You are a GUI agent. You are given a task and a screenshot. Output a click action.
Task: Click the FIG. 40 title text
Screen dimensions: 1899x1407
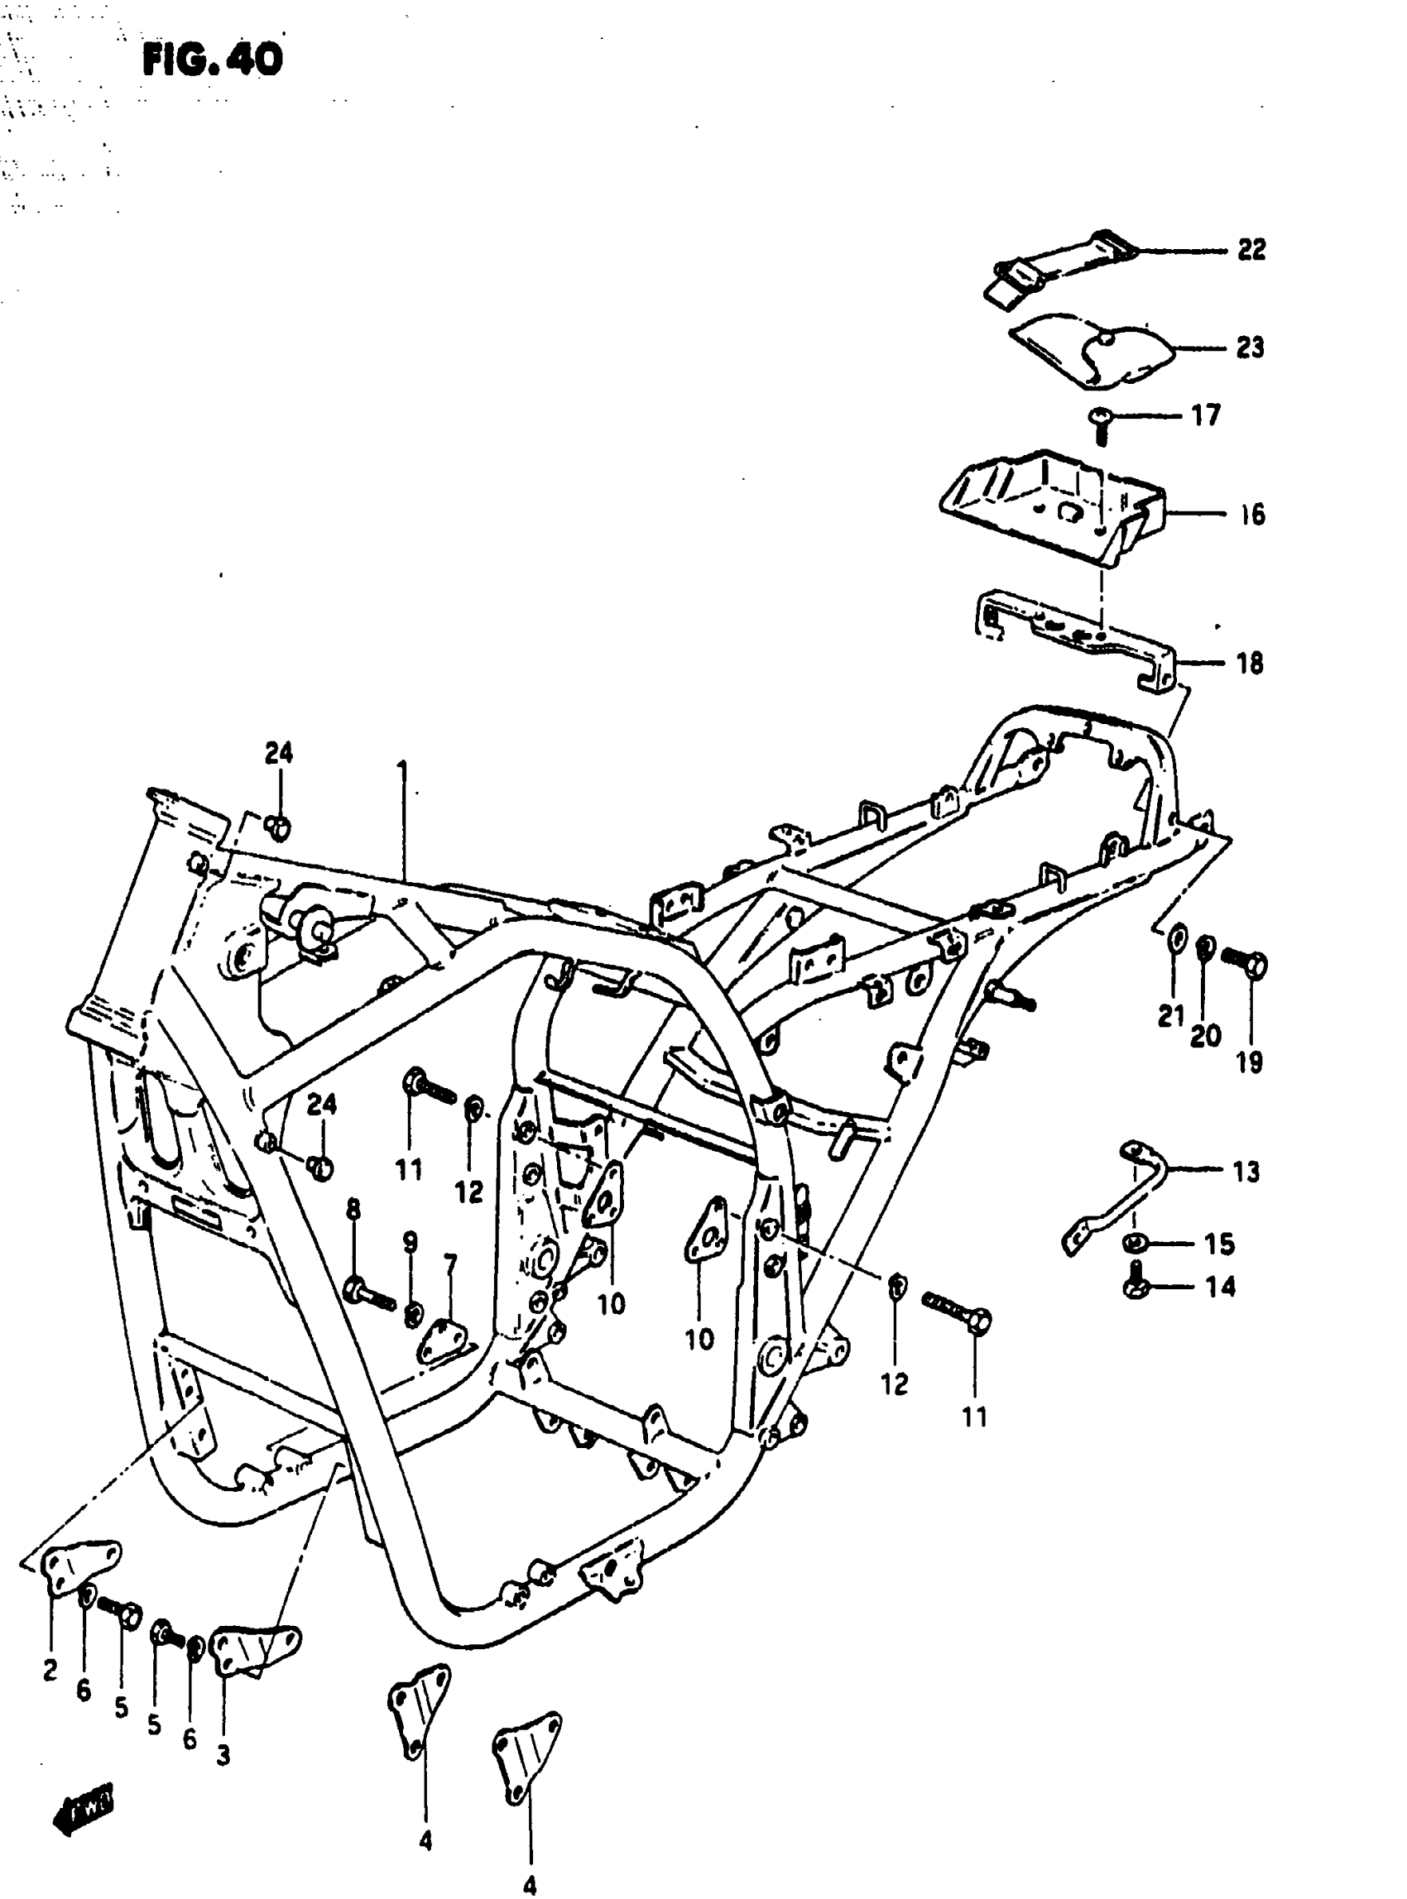click(211, 60)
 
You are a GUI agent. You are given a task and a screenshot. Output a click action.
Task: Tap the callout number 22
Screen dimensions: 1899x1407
click(1251, 250)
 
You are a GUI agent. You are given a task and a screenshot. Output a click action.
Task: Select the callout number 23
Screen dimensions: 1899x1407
click(1250, 348)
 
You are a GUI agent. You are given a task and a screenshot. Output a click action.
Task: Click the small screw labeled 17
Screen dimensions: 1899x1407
click(1101, 421)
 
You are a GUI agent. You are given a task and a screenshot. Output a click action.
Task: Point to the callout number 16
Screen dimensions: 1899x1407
click(1252, 515)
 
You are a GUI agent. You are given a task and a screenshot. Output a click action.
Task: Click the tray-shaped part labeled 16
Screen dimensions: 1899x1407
click(1053, 507)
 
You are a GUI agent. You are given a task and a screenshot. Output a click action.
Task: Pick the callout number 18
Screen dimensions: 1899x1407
click(1250, 664)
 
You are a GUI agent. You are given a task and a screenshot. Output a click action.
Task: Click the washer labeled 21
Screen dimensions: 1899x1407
click(1175, 939)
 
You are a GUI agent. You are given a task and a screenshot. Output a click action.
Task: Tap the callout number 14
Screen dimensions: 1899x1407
click(1220, 1287)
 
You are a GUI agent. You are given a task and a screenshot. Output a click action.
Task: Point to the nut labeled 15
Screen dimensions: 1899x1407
click(1134, 1244)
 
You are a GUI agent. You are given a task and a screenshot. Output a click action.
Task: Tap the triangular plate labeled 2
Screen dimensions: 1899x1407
click(79, 1566)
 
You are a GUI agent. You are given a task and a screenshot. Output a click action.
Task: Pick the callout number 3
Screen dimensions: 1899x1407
click(223, 1756)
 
